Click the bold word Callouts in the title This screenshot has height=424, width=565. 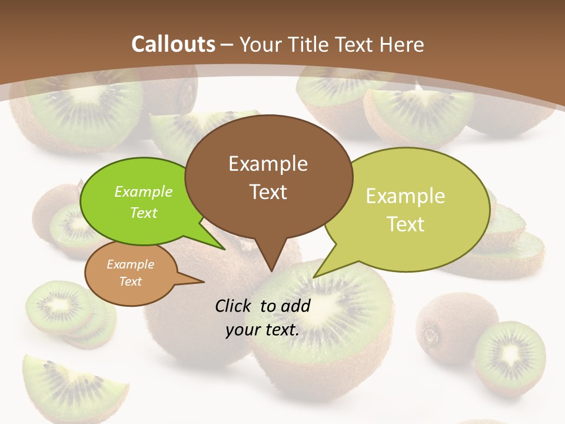pyautogui.click(x=173, y=44)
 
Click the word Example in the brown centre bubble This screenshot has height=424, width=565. pyautogui.click(x=268, y=164)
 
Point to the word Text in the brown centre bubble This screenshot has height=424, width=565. pyautogui.click(x=268, y=192)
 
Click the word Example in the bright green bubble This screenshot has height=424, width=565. pyautogui.click(x=144, y=192)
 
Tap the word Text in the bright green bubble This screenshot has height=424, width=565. pyautogui.click(x=144, y=213)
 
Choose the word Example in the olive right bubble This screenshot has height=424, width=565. pyautogui.click(x=406, y=196)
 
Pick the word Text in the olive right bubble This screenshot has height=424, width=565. pyautogui.click(x=406, y=224)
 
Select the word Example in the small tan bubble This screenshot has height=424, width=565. pyautogui.click(x=131, y=264)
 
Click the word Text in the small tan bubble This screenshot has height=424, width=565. pyautogui.click(x=131, y=281)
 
